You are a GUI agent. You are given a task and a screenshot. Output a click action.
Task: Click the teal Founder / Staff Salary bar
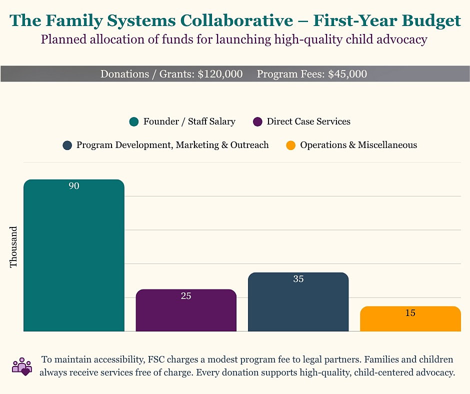74,255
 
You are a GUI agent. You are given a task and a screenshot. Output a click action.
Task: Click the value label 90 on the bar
74,186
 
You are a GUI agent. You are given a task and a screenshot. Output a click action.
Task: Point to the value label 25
186,296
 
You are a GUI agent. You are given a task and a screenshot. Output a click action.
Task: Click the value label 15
410,313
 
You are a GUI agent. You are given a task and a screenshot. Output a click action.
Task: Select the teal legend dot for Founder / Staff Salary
133,122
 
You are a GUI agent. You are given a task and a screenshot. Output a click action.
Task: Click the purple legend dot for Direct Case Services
258,122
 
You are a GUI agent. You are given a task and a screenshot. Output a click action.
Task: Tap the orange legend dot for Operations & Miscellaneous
290,145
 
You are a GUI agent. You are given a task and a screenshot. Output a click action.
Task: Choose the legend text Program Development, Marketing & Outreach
172,145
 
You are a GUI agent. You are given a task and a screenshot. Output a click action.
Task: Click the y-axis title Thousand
14,246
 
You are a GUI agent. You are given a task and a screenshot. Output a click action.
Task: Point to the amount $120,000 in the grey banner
220,74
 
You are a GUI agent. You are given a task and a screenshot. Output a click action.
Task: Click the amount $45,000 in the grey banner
347,74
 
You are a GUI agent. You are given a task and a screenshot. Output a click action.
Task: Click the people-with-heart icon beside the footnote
21,366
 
